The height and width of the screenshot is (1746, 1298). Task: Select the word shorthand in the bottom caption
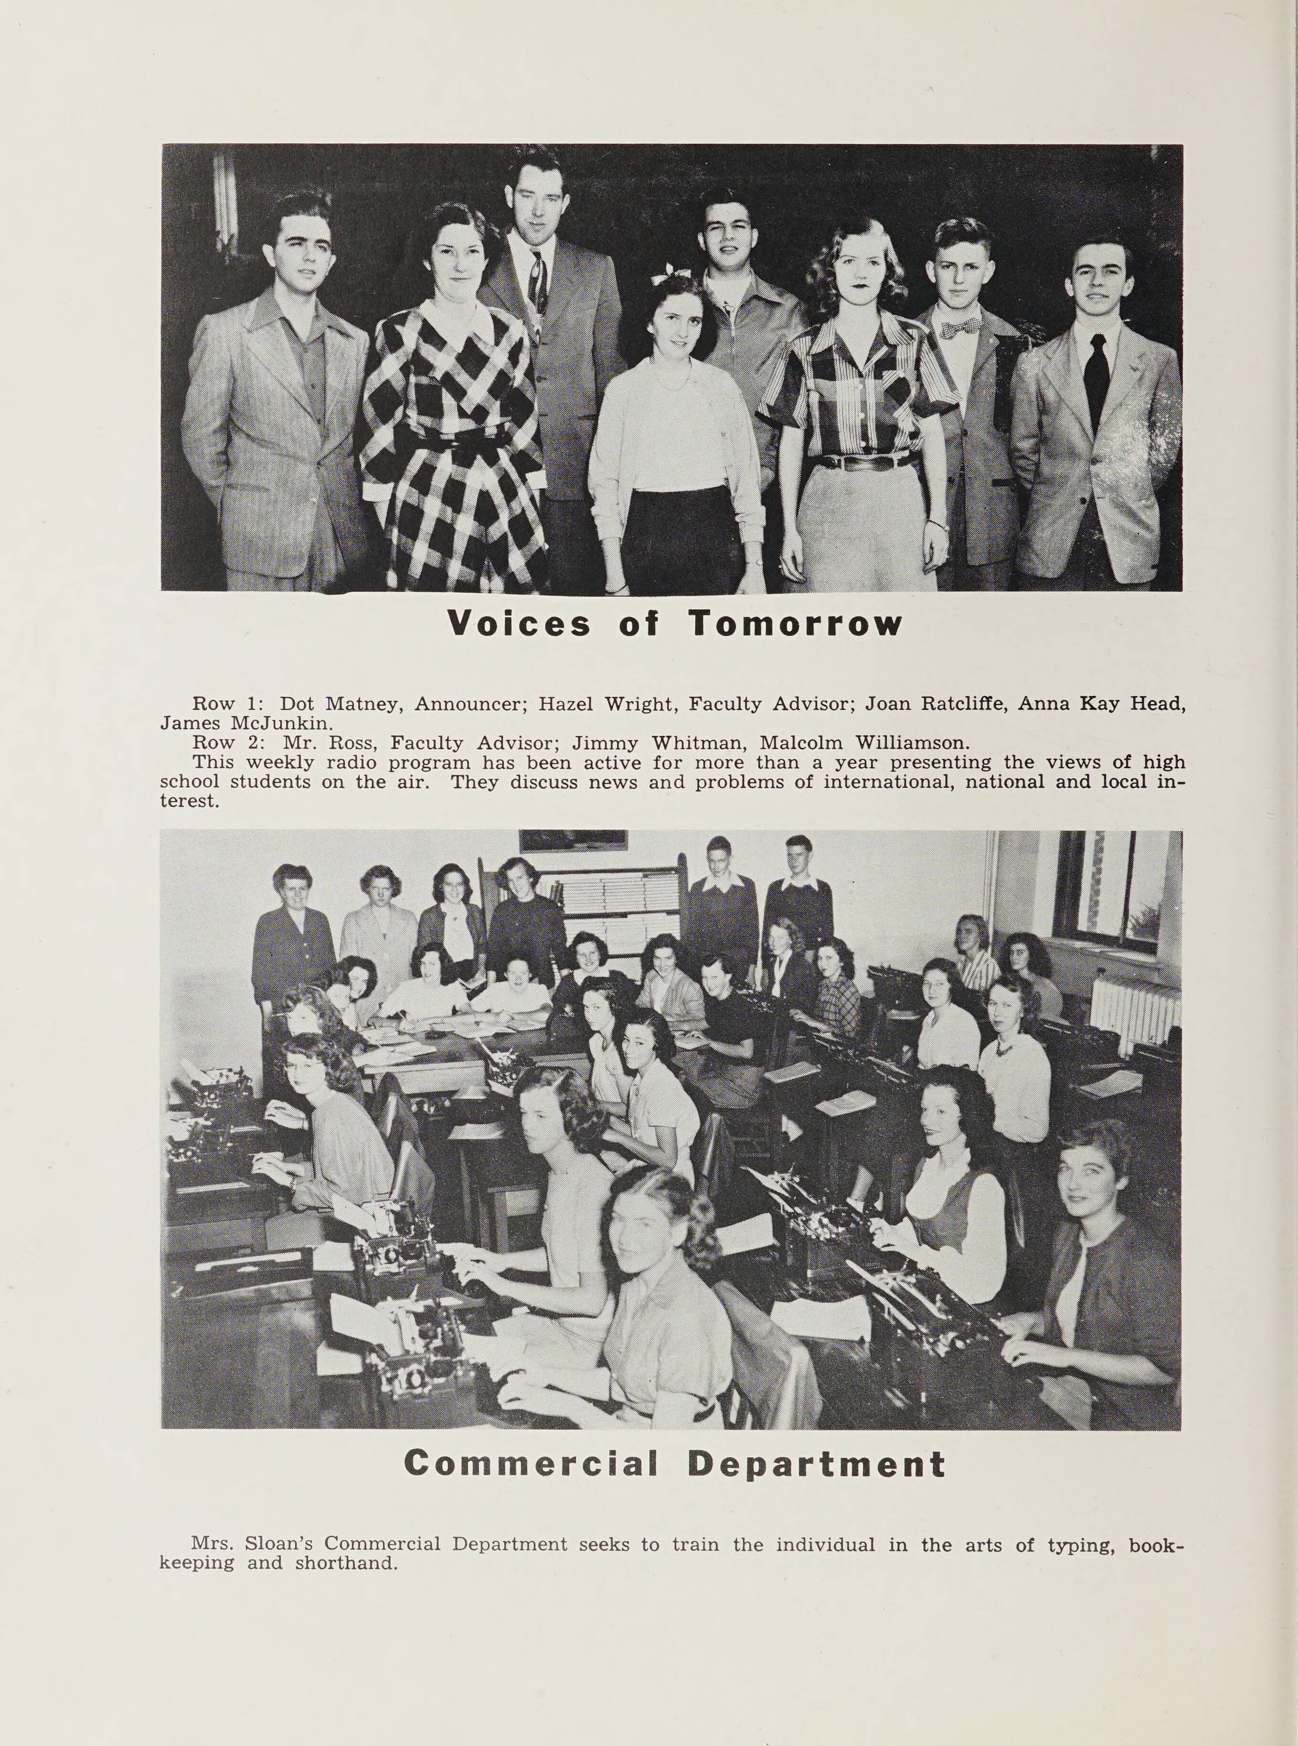click(x=346, y=1563)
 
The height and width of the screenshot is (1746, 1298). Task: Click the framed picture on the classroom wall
click(x=573, y=840)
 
